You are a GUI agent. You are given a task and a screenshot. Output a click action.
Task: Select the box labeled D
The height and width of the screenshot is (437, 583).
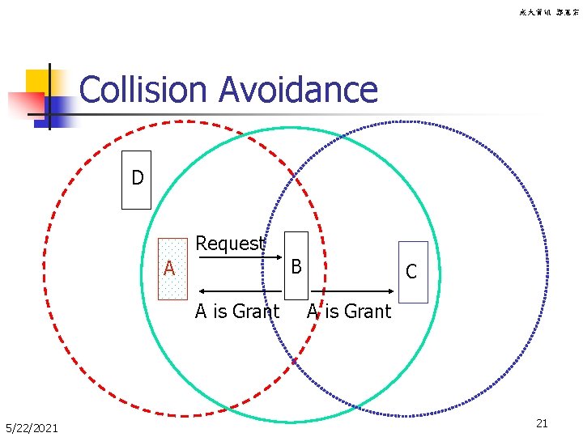click(x=136, y=180)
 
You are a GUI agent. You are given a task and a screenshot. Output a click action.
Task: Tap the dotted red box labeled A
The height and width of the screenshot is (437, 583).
click(x=172, y=269)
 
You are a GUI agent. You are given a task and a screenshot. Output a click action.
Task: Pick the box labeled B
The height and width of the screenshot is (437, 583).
click(x=297, y=265)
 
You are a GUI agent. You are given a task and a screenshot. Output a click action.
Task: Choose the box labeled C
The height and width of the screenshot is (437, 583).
click(x=412, y=272)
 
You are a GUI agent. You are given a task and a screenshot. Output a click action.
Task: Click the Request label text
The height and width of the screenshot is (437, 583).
click(x=230, y=244)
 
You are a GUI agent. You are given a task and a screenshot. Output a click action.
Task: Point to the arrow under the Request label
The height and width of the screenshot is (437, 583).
click(x=231, y=260)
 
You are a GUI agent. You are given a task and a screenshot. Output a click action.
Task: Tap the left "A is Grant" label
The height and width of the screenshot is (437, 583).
click(x=237, y=312)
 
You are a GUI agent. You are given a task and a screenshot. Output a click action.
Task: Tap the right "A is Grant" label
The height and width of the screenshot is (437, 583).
click(x=349, y=312)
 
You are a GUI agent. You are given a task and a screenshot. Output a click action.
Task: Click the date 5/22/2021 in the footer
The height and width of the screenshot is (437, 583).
click(x=32, y=427)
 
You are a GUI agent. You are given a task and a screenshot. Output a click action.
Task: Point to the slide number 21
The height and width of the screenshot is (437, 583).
click(x=543, y=423)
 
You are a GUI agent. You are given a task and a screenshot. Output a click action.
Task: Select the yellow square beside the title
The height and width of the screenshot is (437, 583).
click(x=37, y=81)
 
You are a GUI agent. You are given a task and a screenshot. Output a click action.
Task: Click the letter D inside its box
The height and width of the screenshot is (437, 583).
click(x=138, y=178)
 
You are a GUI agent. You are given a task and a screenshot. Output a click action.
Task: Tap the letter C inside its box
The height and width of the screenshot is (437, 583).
click(x=411, y=272)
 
